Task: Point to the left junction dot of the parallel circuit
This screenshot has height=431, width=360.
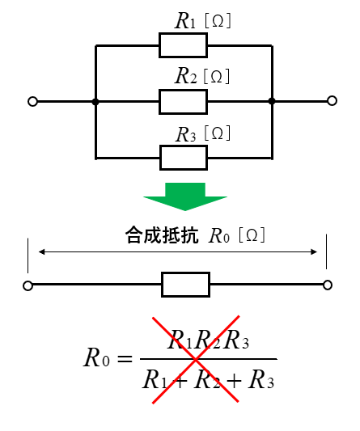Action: pos(95,102)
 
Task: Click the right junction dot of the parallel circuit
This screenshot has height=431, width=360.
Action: pos(272,101)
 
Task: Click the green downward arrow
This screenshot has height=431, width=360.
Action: pos(185,196)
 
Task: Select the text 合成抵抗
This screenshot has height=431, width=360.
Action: pos(162,235)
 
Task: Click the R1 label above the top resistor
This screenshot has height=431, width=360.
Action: pos(185,21)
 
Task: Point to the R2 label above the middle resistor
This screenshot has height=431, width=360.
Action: pos(186,76)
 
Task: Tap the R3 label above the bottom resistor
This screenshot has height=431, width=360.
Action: pos(186,134)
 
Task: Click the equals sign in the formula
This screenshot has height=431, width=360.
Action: pos(125,359)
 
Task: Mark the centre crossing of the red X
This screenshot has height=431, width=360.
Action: pos(196,359)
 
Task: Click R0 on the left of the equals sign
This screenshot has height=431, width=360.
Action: pos(96,357)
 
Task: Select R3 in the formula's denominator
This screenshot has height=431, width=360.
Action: pos(261,379)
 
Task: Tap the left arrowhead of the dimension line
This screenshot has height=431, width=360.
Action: pos(41,251)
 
